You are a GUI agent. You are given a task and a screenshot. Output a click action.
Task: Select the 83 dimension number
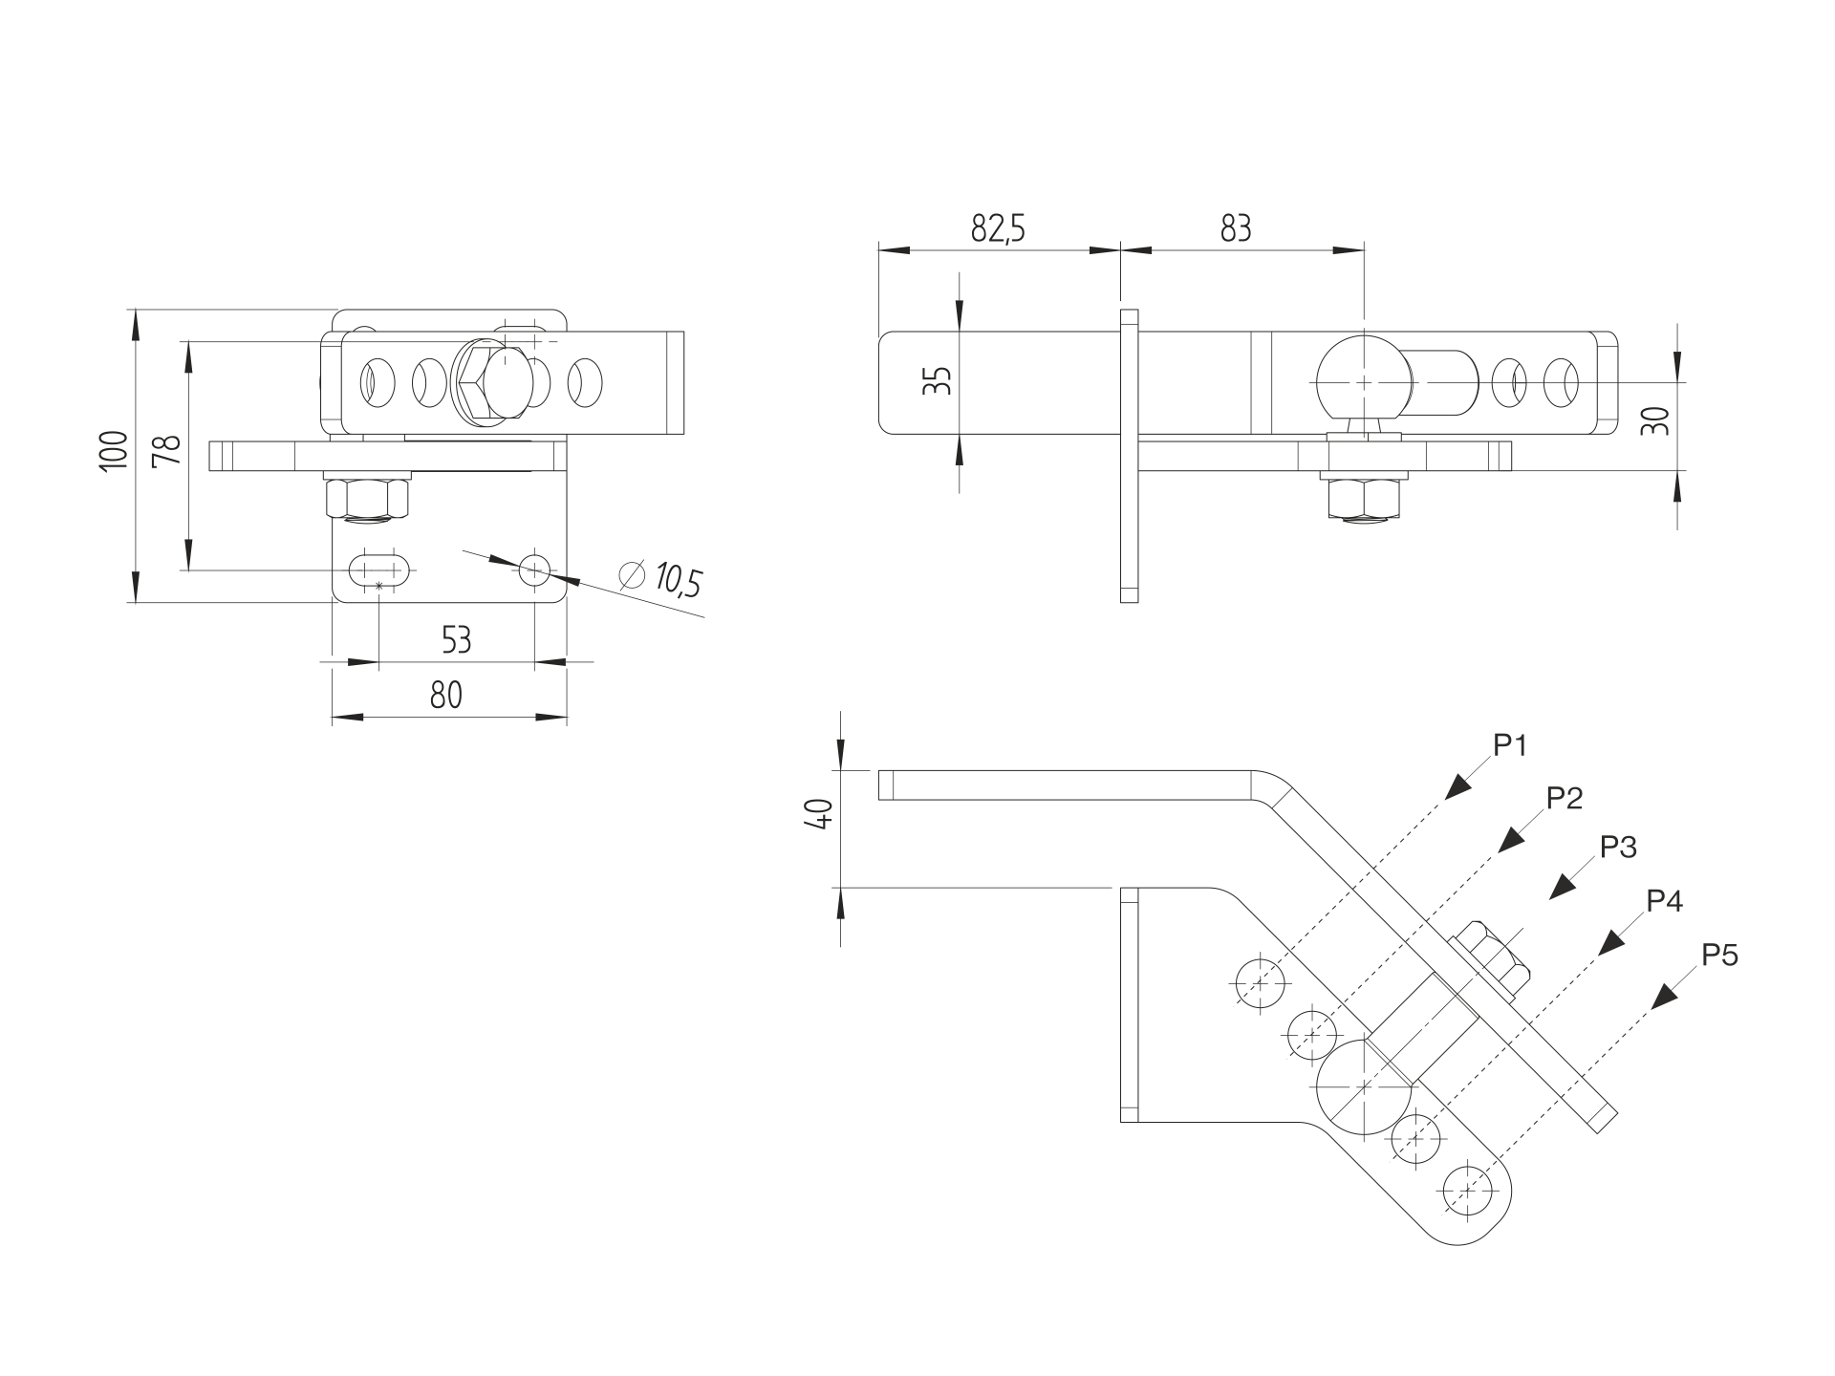pyautogui.click(x=1236, y=229)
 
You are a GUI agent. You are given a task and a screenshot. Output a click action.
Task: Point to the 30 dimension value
pyautogui.click(x=1659, y=420)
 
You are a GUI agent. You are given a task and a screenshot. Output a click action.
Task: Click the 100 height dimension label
pyautogui.click(x=113, y=449)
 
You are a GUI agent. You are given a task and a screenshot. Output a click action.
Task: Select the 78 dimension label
pyautogui.click(x=167, y=449)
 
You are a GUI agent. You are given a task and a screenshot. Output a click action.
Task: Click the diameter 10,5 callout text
pyautogui.click(x=661, y=578)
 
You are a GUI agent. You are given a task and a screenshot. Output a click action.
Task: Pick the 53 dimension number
pyautogui.click(x=456, y=639)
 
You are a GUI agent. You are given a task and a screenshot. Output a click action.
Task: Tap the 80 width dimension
pyautogui.click(x=445, y=695)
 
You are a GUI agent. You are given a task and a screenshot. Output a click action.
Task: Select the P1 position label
pyautogui.click(x=1509, y=746)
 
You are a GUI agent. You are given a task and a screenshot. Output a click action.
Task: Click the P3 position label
pyautogui.click(x=1618, y=847)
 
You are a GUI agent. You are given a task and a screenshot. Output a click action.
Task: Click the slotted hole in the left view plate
pyautogui.click(x=380, y=570)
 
